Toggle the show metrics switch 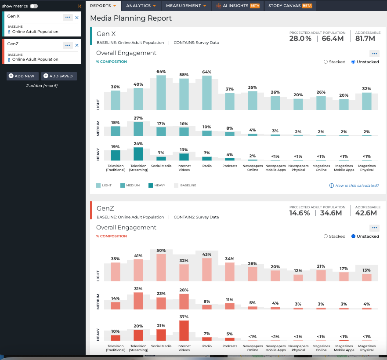(x=34, y=6)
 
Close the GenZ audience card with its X (x=77, y=45)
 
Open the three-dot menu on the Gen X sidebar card (x=68, y=17)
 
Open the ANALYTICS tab (x=141, y=6)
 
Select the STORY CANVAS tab (x=290, y=6)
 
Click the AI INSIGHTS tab (x=238, y=6)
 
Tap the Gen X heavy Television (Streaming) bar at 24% (x=138, y=154)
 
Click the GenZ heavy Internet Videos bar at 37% (x=184, y=331)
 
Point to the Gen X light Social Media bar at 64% (x=161, y=93)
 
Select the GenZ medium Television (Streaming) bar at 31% (x=138, y=301)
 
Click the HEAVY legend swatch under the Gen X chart (x=151, y=185)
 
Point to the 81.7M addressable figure (x=365, y=39)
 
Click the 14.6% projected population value (x=300, y=213)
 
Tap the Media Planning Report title (x=131, y=18)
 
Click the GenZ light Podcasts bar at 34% (x=230, y=272)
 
